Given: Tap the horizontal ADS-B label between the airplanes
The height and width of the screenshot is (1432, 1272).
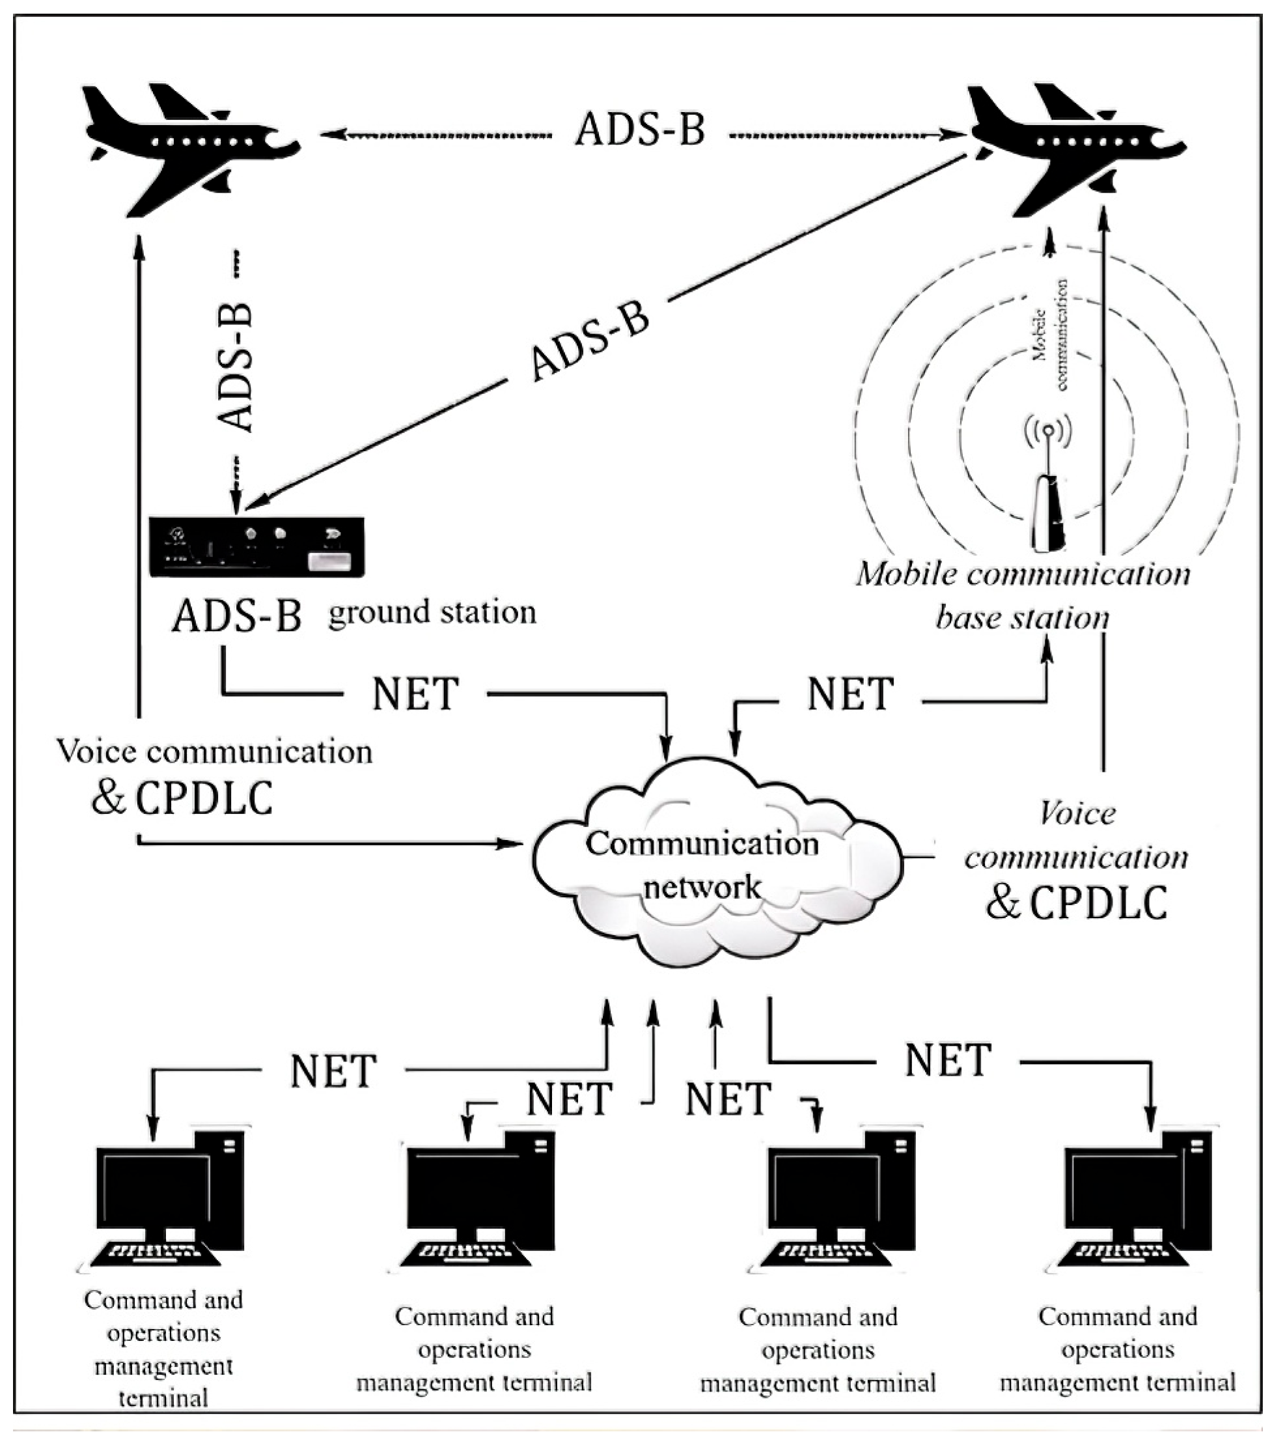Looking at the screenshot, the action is tap(639, 130).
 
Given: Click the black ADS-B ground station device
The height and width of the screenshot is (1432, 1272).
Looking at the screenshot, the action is tap(256, 547).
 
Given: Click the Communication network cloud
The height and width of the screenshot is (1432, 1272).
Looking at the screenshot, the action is tap(708, 869).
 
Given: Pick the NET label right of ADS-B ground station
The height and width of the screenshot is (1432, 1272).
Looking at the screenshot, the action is tap(415, 694).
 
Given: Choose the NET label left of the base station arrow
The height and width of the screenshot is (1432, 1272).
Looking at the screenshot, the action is tap(850, 694).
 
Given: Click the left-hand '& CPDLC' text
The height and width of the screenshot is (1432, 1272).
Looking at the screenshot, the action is tap(182, 798).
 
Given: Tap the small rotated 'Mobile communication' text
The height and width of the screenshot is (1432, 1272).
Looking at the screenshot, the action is tap(1050, 335).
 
